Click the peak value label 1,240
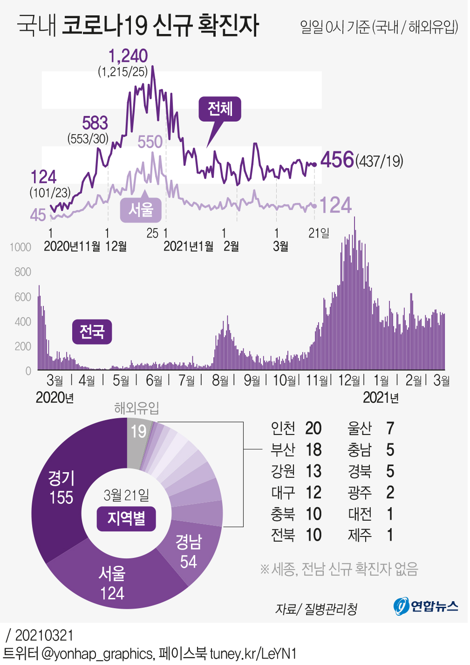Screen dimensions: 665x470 coord(128,56)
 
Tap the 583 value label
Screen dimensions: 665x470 coord(95,123)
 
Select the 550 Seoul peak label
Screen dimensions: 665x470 coord(150,142)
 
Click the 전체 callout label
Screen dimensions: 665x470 coord(220,109)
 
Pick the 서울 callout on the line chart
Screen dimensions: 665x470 coord(141,210)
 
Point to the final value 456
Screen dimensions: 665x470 coord(337,160)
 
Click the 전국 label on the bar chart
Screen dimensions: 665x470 coord(92,332)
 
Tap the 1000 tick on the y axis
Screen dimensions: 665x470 coord(20,247)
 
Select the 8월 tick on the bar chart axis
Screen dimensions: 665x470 coord(220,381)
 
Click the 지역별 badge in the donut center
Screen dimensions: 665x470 coord(126,518)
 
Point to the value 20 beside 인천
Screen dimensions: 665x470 coord(313,428)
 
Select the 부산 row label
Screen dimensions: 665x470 coord(283,449)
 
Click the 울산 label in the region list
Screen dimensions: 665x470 coord(360,428)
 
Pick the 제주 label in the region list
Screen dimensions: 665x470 coord(360,535)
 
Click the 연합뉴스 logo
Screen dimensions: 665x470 coord(426,606)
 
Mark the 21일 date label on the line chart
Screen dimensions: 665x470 coord(319,233)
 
